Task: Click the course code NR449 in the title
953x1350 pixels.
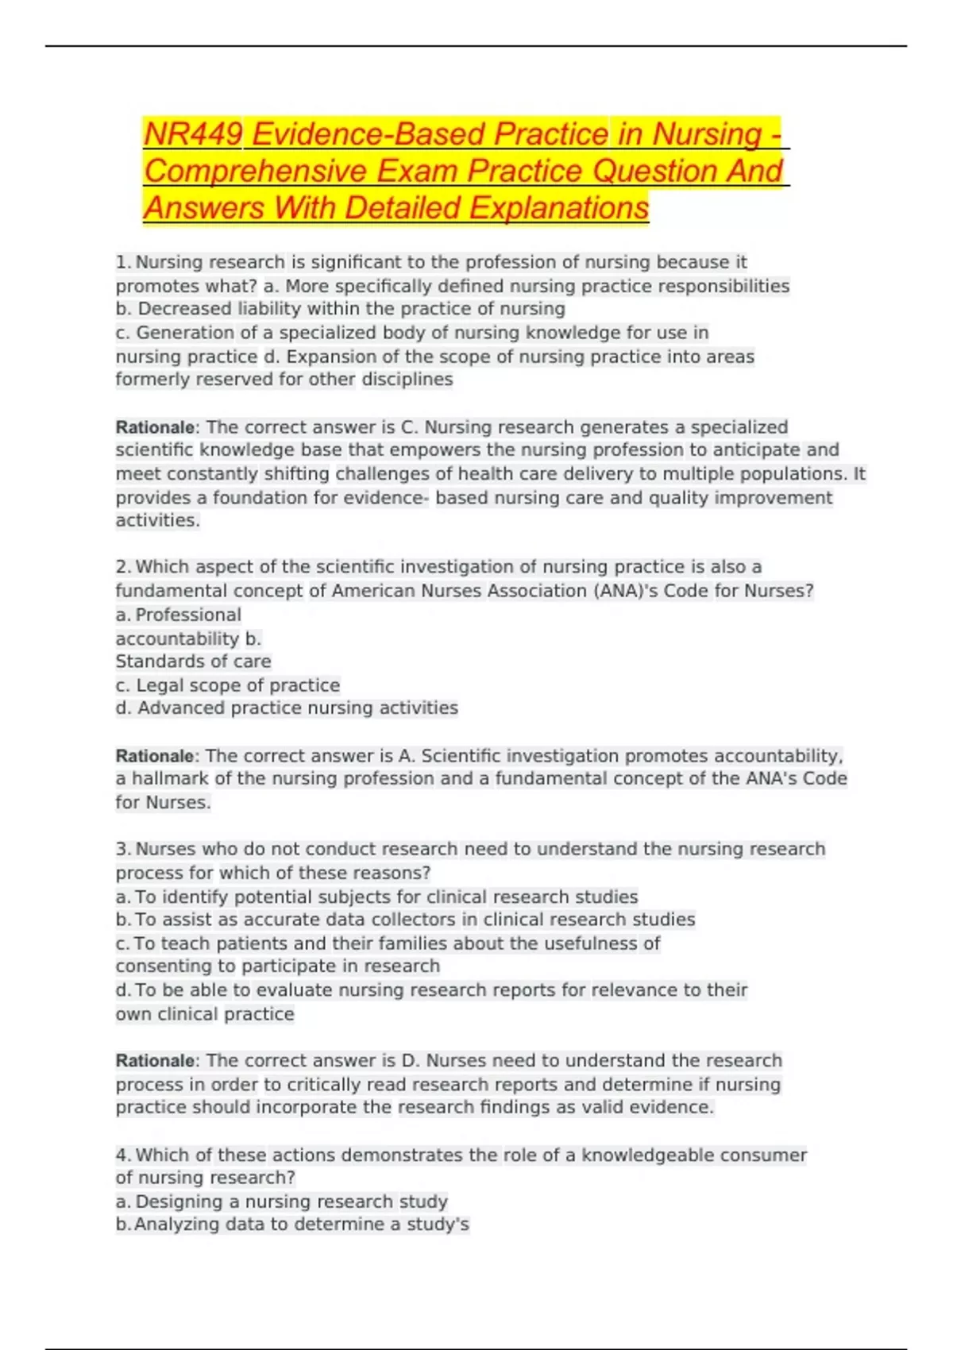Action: [x=193, y=134]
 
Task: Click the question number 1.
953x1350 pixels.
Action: [x=122, y=262]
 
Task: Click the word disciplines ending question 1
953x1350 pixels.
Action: [x=407, y=380]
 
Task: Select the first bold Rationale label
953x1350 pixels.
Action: [x=155, y=427]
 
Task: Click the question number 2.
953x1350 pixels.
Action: [x=122, y=567]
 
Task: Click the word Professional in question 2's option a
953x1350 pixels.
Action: [x=188, y=615]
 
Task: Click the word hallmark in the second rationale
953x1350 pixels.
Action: [x=170, y=779]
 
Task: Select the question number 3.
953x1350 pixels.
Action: [x=122, y=849]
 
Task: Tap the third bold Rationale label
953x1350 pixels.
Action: [x=155, y=1061]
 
